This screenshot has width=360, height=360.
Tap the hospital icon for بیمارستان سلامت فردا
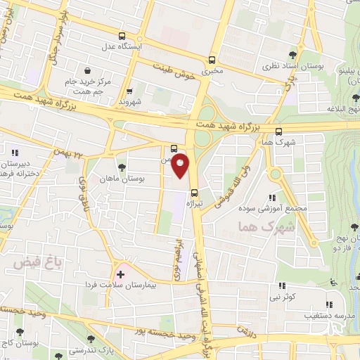coord(120,274)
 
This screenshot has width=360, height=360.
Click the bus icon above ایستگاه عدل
coord(122,36)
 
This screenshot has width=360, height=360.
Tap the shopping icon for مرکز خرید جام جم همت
coord(87,71)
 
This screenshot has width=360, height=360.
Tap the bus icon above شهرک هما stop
coord(278,131)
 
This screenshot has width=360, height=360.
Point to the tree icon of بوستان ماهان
coord(122,167)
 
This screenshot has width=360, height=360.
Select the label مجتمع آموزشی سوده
coord(293,209)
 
